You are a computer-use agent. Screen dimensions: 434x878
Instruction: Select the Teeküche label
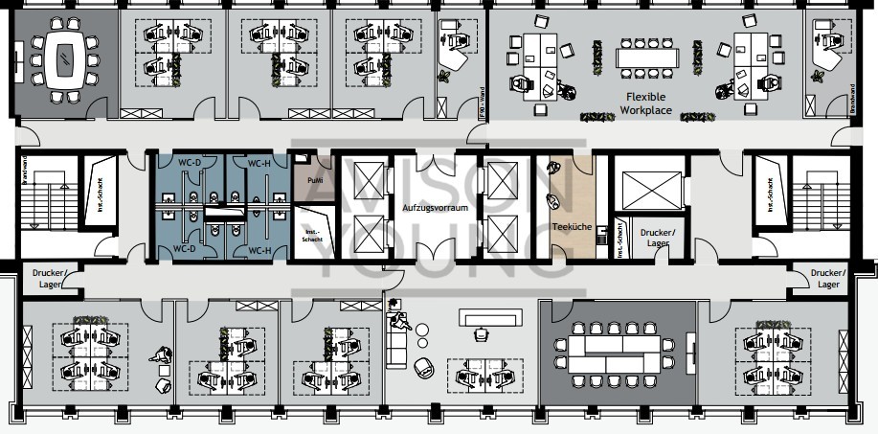pyautogui.click(x=572, y=227)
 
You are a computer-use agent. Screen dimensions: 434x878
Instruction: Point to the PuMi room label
pyautogui.click(x=314, y=180)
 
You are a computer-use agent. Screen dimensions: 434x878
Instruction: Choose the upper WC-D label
pyautogui.click(x=190, y=162)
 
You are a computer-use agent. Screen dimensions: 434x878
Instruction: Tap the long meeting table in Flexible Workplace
pyautogui.click(x=646, y=58)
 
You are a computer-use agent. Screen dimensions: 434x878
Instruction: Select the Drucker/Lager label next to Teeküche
pyautogui.click(x=657, y=238)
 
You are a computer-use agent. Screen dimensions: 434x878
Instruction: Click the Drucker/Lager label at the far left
pyautogui.click(x=47, y=278)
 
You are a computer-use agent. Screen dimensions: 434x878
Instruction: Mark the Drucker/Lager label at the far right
pyautogui.click(x=828, y=278)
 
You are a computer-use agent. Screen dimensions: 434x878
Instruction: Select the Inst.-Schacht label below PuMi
pyautogui.click(x=312, y=237)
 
